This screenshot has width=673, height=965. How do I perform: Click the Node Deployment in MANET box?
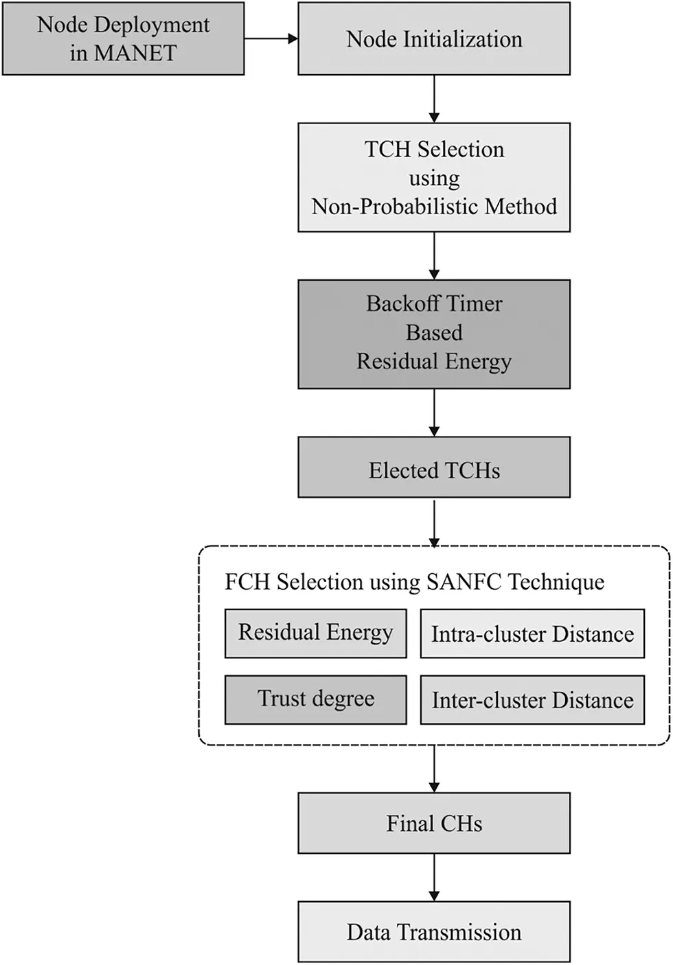(124, 38)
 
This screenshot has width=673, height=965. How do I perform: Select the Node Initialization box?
(434, 38)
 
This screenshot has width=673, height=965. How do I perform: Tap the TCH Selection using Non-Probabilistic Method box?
(434, 177)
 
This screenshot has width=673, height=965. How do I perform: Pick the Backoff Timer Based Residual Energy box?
(434, 334)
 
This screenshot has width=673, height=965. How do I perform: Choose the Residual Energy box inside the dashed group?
(316, 633)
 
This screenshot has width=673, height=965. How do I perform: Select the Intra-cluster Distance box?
(532, 633)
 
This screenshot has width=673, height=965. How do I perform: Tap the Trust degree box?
(316, 699)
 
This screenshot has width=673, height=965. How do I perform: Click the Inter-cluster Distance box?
(532, 699)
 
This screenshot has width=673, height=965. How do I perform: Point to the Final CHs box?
(434, 823)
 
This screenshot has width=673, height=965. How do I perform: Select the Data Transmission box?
(434, 931)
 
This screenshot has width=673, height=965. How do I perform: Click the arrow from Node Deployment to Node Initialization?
(271, 38)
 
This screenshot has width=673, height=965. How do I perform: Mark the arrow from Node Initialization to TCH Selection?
(434, 99)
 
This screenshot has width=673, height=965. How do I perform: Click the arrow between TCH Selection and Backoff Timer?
(434, 255)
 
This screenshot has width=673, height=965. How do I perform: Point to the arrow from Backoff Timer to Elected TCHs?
(434, 412)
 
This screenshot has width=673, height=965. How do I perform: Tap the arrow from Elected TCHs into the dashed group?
(434, 522)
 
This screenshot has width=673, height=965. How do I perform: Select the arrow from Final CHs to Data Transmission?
(434, 877)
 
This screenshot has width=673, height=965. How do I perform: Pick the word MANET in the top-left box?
(135, 54)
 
